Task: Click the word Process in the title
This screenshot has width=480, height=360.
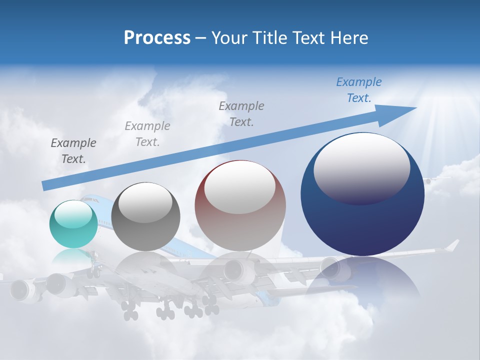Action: click(x=157, y=38)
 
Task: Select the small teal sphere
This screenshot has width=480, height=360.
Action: click(x=73, y=224)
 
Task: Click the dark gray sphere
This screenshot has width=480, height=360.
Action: click(x=145, y=216)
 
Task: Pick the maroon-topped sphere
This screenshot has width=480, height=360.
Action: click(x=240, y=206)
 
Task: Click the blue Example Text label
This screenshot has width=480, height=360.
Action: click(x=358, y=90)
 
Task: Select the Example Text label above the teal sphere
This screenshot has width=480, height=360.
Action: click(x=73, y=150)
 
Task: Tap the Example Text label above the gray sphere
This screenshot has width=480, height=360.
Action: click(x=147, y=133)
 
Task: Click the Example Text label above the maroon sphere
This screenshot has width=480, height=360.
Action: click(x=241, y=113)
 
